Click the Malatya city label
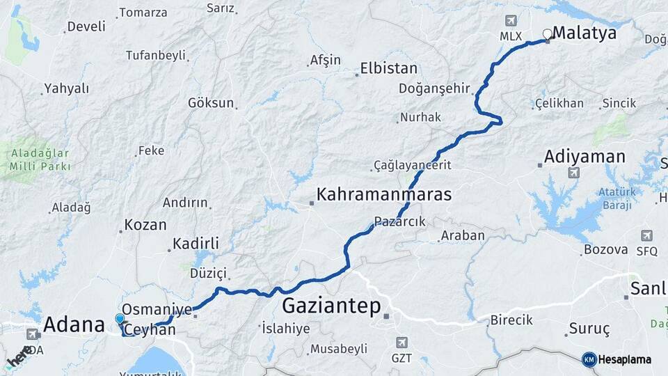584,33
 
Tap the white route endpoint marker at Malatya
547,33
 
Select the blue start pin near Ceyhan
120,320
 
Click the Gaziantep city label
332,306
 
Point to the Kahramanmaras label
383,194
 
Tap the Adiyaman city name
585,156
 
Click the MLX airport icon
511,22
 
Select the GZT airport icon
401,343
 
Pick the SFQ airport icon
647,236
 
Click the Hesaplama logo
617,359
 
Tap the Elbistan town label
388,69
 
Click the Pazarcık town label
399,221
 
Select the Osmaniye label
156,308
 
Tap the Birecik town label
511,320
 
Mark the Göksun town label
211,103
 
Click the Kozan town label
145,225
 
